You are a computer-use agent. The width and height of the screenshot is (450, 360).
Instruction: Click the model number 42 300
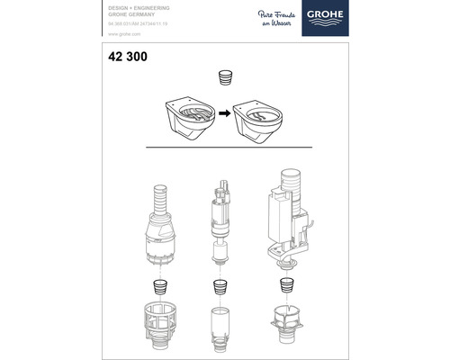pos(114,57)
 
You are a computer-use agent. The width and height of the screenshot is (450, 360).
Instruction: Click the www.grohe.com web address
pos(108,32)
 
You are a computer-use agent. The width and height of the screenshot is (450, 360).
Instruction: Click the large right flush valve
pos(288,216)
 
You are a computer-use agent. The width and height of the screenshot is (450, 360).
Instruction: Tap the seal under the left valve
pos(160,287)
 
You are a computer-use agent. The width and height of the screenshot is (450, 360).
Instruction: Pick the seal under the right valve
pos(288,287)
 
